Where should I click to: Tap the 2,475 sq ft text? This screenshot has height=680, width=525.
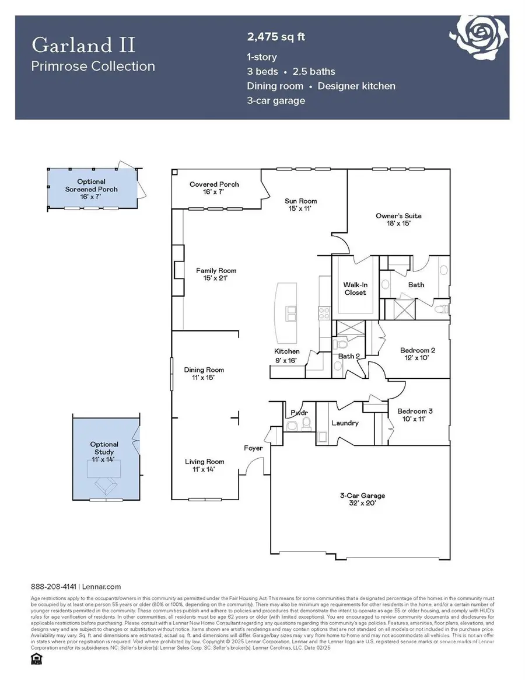[x=276, y=37]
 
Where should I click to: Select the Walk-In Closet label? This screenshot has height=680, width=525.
[x=355, y=288]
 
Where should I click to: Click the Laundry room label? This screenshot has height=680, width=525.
[x=345, y=423]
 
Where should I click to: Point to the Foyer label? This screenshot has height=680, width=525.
[x=253, y=448]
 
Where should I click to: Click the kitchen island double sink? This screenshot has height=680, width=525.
[x=290, y=313]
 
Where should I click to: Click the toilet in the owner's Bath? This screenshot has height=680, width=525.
[x=442, y=309]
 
